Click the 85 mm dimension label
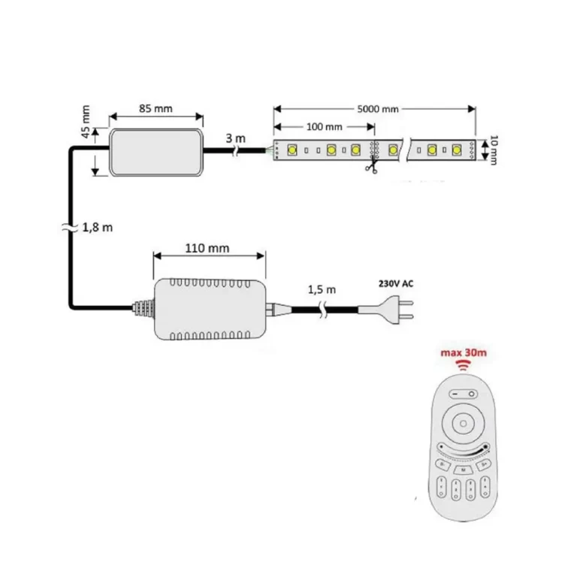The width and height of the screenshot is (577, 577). coord(156,108)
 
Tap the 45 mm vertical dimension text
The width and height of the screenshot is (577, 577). coord(86,123)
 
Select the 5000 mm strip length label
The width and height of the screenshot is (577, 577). coord(378,108)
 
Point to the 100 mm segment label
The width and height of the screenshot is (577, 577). coord(325,125)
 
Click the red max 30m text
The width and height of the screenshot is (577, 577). coord(463,353)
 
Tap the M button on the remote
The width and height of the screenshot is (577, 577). coord(464,470)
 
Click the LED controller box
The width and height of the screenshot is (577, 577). coord(156,151)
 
